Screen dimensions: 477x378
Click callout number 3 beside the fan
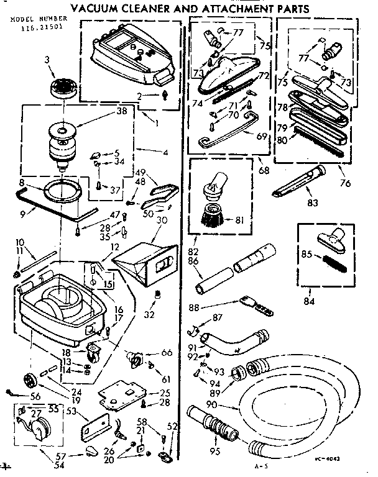pyautogui.click(x=48, y=60)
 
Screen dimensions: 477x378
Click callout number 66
pyautogui.click(x=165, y=353)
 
